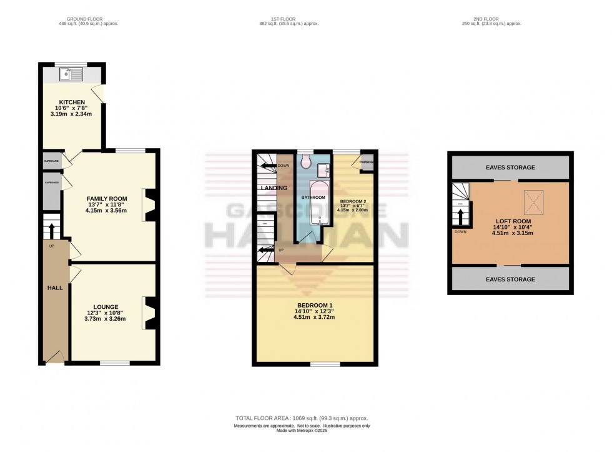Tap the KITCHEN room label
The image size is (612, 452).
tap(72, 102)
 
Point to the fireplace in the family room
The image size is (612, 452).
tap(151, 205)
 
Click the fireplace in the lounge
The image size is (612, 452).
tap(151, 313)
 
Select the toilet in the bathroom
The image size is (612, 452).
tap(306, 163)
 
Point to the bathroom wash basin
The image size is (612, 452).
tap(323, 171)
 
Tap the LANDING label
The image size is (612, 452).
tap(274, 188)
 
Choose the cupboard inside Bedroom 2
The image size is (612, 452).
tap(366, 161)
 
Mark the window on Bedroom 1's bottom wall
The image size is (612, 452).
tap(325, 364)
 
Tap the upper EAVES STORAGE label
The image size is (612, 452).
tap(510, 167)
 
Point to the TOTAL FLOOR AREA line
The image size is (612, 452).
tap(302, 418)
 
